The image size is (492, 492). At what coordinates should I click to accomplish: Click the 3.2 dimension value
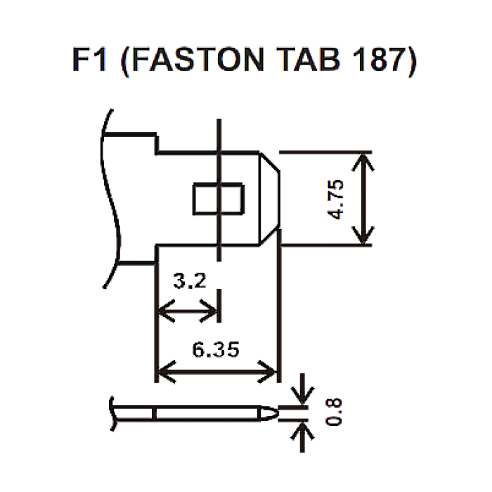coord(189,283)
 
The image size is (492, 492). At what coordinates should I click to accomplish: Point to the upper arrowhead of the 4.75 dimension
coord(364,159)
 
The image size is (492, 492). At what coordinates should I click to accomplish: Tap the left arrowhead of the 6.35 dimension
coord(162,371)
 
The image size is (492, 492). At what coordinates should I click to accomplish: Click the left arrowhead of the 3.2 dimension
coord(162,310)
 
